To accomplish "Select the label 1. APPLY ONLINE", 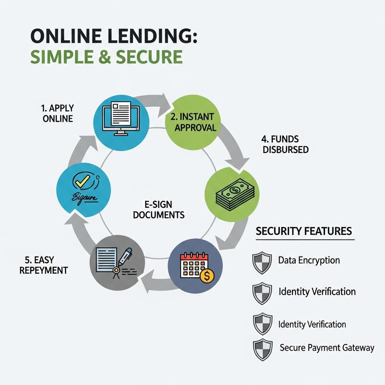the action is click(x=57, y=113).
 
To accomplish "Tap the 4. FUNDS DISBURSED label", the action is click(x=285, y=145).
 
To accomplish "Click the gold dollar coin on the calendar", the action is click(x=207, y=276).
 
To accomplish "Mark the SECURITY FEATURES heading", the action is click(x=304, y=231).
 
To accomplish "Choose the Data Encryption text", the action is click(x=309, y=260).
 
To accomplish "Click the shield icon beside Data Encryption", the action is click(x=262, y=262).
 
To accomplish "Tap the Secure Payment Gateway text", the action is click(x=327, y=348).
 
